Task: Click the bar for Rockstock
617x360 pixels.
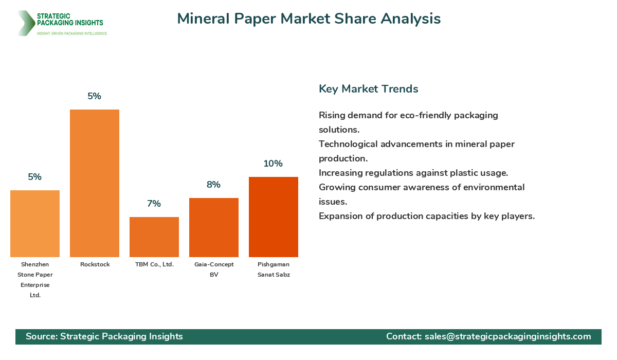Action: [95, 183]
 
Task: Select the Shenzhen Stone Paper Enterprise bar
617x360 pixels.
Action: [35, 224]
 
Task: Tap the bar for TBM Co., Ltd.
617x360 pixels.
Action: [154, 237]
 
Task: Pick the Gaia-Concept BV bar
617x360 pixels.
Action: [214, 227]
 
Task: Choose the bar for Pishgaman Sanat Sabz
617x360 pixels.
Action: [274, 217]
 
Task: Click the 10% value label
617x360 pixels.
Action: [273, 164]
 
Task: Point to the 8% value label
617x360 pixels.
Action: [213, 185]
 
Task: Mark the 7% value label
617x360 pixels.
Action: [154, 204]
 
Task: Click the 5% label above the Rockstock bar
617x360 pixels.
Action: [94, 96]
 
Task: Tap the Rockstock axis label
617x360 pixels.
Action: [95, 264]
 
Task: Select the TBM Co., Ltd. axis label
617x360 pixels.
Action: [154, 264]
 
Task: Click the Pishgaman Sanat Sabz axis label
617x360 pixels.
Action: [274, 269]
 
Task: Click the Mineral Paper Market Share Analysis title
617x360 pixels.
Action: [308, 19]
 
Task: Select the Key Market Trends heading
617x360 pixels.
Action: [368, 89]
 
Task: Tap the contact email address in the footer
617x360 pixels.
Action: [507, 336]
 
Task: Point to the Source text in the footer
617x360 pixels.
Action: [104, 336]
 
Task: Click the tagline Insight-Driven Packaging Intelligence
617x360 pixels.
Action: [71, 33]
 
